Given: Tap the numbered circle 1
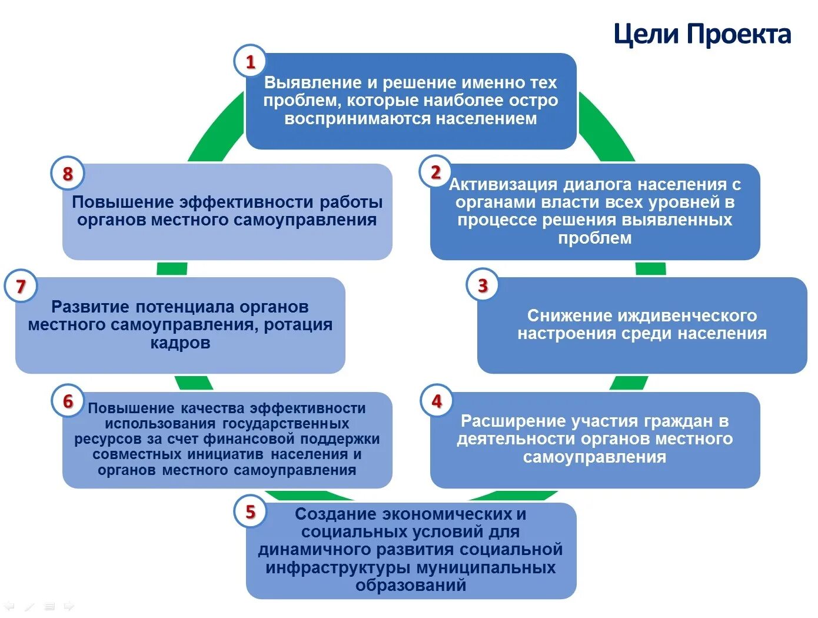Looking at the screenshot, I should coord(250,61).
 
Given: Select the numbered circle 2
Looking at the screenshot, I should coord(435,172).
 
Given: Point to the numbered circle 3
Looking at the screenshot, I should coord(483,285).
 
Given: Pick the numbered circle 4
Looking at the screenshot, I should coord(436,401).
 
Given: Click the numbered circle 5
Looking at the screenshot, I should coord(250,511).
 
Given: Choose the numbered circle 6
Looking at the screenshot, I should coord(68,401).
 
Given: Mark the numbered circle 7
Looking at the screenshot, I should coord(21,286).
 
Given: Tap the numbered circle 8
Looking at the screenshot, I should coord(68,174).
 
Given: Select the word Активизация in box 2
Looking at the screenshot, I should coord(503,185).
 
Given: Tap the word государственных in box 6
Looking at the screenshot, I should coord(285,424).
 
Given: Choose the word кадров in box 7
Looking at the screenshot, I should coord(180,343).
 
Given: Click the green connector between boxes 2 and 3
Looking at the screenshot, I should coord(651,269).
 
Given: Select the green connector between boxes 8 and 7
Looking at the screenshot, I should coord(172,269).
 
